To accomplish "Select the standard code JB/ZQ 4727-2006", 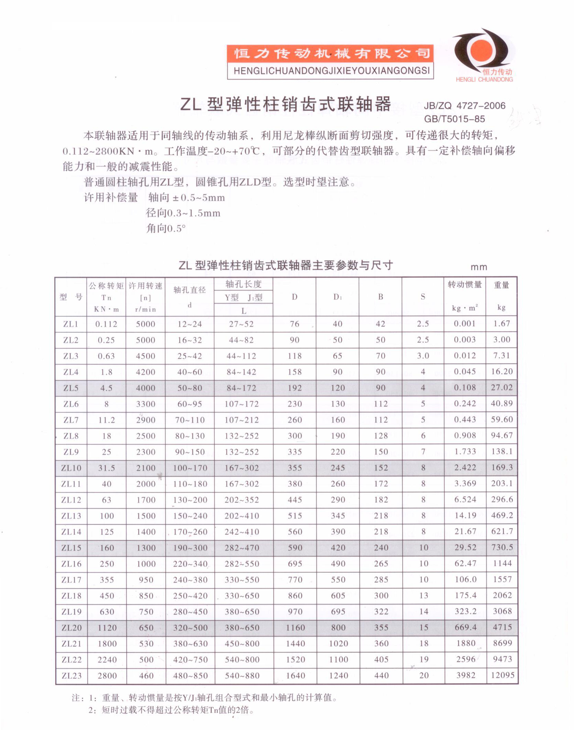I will pyautogui.click(x=464, y=106).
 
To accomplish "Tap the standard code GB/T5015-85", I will pyautogui.click(x=454, y=119).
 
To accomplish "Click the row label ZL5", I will pyautogui.click(x=71, y=388).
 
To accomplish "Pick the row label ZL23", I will pyautogui.click(x=72, y=675).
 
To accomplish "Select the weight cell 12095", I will pyautogui.click(x=502, y=675).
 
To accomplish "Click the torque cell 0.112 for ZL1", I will pyautogui.click(x=106, y=324).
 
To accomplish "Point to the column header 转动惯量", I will pyautogui.click(x=464, y=285).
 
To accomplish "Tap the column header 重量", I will pyautogui.click(x=501, y=285).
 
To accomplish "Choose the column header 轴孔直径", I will pyautogui.click(x=189, y=290).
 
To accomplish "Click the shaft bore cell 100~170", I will pyautogui.click(x=190, y=468).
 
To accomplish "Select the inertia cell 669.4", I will pyautogui.click(x=465, y=627).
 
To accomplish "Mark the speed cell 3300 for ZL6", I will pyautogui.click(x=146, y=404).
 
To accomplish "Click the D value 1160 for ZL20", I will pyautogui.click(x=295, y=627).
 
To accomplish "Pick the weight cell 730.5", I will pyautogui.click(x=502, y=547).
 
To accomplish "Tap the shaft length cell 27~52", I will pyautogui.click(x=241, y=324).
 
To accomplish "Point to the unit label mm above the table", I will pyautogui.click(x=478, y=267).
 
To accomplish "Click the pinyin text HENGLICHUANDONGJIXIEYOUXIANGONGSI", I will pyautogui.click(x=331, y=71).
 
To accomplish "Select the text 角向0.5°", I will pyautogui.click(x=166, y=228).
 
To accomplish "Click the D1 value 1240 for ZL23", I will pyautogui.click(x=338, y=675).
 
